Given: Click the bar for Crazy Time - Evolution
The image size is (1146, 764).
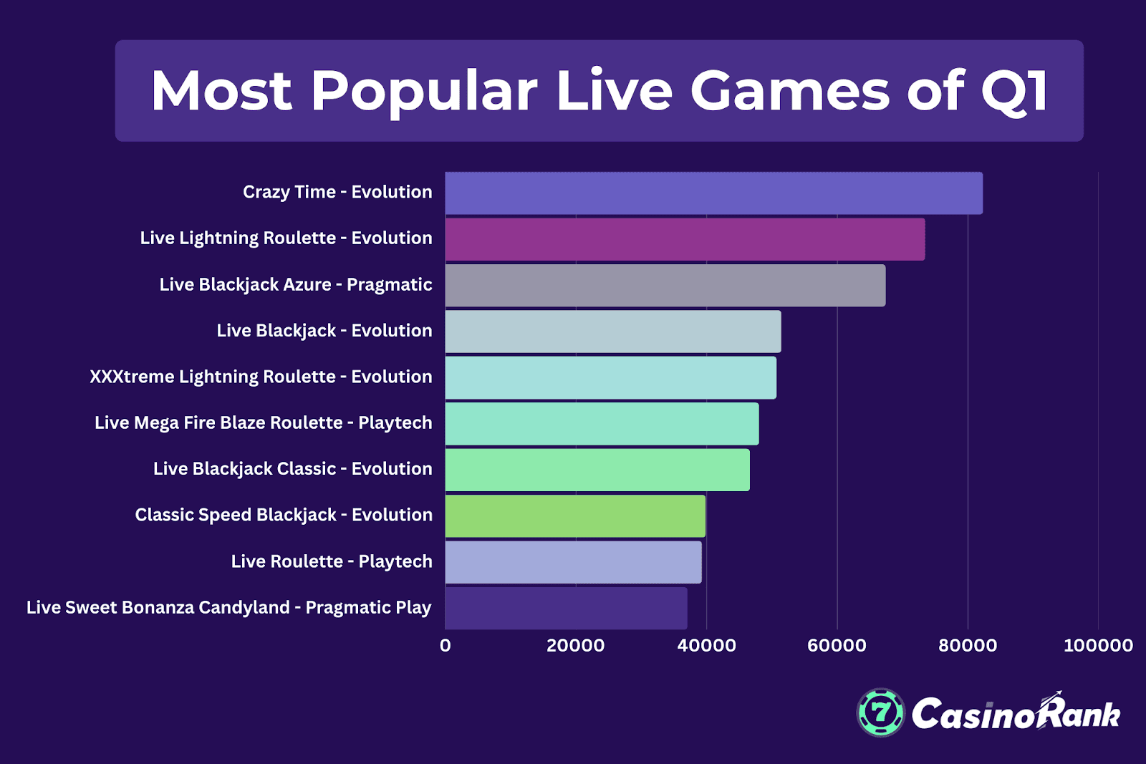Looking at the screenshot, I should pos(713,193).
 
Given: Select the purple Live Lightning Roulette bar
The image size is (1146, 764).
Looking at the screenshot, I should pos(685,239).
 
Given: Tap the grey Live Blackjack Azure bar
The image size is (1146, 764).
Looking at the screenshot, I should pos(665,285).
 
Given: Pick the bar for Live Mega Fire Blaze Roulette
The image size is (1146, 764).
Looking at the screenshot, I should pos(602,423).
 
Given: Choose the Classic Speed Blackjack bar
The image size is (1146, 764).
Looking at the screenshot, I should pos(575,516).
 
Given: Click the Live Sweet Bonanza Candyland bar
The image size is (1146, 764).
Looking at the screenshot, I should pos(566,608).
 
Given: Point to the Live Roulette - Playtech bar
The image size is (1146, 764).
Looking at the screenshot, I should pos(573,562).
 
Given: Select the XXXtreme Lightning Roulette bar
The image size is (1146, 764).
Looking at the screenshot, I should pos(610,377).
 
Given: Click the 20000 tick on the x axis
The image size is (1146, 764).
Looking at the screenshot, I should pos(575,645).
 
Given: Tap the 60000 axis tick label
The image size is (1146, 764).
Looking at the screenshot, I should pos(837,645).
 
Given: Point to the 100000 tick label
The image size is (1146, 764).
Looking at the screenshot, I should pos(1098,645).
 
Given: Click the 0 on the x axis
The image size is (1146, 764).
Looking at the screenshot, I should pos(446,645).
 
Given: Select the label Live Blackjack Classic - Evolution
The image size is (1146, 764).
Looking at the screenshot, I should pos(292,469).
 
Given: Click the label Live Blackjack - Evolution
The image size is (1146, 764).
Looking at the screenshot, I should pos(324,331).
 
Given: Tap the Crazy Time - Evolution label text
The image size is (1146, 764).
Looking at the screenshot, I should pos(337,192).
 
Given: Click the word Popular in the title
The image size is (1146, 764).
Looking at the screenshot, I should pos(423,91).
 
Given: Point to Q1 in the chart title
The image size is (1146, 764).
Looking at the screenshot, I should pos(1014,91).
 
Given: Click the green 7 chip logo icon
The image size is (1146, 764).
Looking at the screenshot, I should pos(881,712).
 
